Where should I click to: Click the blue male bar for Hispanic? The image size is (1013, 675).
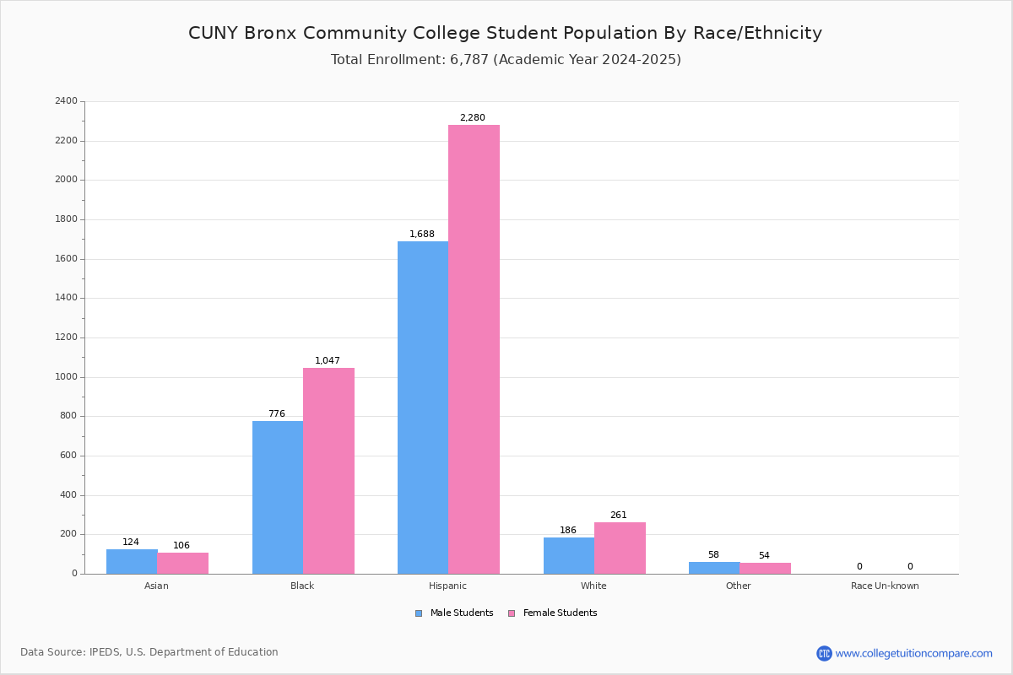tap(423, 408)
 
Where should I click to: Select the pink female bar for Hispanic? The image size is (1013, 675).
tap(474, 349)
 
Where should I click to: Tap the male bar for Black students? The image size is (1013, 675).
tap(278, 497)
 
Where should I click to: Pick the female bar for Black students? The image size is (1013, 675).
tap(328, 471)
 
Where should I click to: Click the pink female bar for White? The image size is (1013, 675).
tap(620, 548)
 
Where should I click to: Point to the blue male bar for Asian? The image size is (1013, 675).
tap(132, 561)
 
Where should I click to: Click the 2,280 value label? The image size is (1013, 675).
tap(472, 118)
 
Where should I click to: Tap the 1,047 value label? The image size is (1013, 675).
tap(328, 361)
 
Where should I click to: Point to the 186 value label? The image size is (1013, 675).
tap(568, 531)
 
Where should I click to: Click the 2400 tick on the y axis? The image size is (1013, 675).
tap(66, 101)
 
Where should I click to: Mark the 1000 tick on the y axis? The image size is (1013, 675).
tap(66, 377)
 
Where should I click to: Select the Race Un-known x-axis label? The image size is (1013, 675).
tap(885, 586)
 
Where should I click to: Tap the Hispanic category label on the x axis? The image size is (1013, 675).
tap(447, 586)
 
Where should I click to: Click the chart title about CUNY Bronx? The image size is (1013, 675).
tap(505, 33)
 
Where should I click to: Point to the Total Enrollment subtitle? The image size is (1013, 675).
tap(506, 60)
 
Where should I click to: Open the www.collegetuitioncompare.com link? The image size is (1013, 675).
tap(913, 653)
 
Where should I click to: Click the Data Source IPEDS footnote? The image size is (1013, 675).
tap(149, 652)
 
